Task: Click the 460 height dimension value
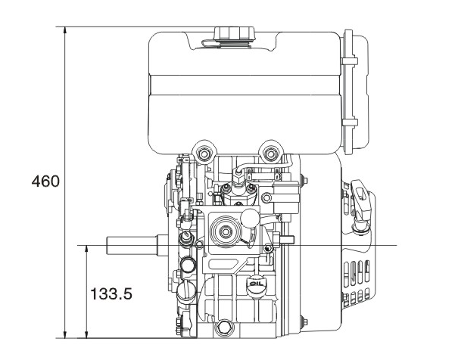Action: (45, 182)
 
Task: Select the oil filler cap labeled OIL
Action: (254, 284)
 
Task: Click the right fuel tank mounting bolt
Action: (270, 152)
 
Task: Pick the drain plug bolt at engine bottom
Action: (224, 327)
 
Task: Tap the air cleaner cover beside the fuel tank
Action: (352, 91)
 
